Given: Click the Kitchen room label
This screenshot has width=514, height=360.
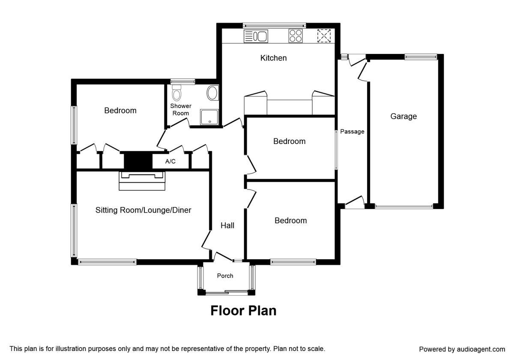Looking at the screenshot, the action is (x=273, y=58).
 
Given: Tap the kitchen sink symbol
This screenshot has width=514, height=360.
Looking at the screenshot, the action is (x=256, y=36).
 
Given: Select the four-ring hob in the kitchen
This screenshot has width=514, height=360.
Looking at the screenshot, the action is (x=296, y=36).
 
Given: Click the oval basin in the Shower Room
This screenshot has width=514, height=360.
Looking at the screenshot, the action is (x=212, y=93).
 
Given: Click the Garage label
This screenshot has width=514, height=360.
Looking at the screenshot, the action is (x=403, y=116).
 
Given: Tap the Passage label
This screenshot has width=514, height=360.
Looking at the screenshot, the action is (x=352, y=132).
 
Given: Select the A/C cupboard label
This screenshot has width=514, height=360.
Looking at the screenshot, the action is (x=170, y=162).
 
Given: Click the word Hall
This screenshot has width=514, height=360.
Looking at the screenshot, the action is (x=227, y=225).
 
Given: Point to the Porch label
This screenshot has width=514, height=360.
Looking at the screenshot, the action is (x=225, y=276).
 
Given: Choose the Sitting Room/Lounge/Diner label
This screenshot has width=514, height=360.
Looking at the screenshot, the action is (x=143, y=210).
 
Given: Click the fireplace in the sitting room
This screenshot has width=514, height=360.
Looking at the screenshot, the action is (x=142, y=180).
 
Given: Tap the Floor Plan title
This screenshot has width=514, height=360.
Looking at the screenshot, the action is (x=243, y=311).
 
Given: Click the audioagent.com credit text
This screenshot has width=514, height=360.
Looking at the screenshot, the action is (x=462, y=349).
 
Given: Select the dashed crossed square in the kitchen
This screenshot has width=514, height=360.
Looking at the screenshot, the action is (x=324, y=36).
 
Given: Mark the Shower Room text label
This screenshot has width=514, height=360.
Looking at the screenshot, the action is (x=181, y=109).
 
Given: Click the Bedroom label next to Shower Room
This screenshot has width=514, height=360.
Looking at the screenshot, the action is (x=120, y=111).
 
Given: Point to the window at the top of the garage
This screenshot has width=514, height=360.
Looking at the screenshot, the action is (x=421, y=56).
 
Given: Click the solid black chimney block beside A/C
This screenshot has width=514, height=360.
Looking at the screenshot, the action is (x=138, y=162).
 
